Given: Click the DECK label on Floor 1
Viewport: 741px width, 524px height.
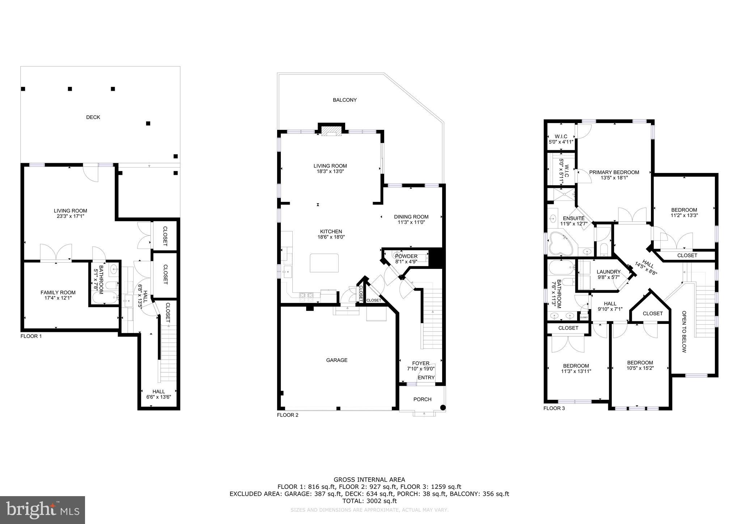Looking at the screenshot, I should [93, 117].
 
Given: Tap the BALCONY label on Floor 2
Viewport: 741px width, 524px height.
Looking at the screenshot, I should [344, 100].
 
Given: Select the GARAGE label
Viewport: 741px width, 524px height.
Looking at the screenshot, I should [336, 360].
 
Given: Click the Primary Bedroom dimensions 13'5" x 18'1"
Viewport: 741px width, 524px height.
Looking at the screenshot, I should [614, 178].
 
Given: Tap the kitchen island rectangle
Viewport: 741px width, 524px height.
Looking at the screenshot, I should [324, 263].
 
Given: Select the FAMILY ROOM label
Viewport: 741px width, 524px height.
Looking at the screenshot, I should [58, 292].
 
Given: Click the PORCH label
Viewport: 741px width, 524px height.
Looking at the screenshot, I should [422, 400].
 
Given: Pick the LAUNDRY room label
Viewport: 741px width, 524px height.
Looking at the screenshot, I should [608, 272].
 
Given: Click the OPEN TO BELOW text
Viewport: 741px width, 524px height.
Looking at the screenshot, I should [684, 331].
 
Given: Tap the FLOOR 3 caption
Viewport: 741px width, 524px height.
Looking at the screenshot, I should [554, 408].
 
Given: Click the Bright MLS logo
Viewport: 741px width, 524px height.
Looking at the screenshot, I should [42, 510].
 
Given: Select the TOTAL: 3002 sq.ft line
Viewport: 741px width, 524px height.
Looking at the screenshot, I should [369, 501].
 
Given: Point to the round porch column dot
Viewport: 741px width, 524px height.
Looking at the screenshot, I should [443, 407].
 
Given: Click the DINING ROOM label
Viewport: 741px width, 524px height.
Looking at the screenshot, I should [411, 217].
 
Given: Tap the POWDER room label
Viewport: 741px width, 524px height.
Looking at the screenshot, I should [406, 256].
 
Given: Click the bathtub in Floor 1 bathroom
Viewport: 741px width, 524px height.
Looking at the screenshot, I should [105, 298].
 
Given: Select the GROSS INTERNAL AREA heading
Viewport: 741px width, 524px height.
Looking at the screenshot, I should [369, 480].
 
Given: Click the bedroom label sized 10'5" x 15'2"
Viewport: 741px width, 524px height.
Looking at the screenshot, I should [640, 363].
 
